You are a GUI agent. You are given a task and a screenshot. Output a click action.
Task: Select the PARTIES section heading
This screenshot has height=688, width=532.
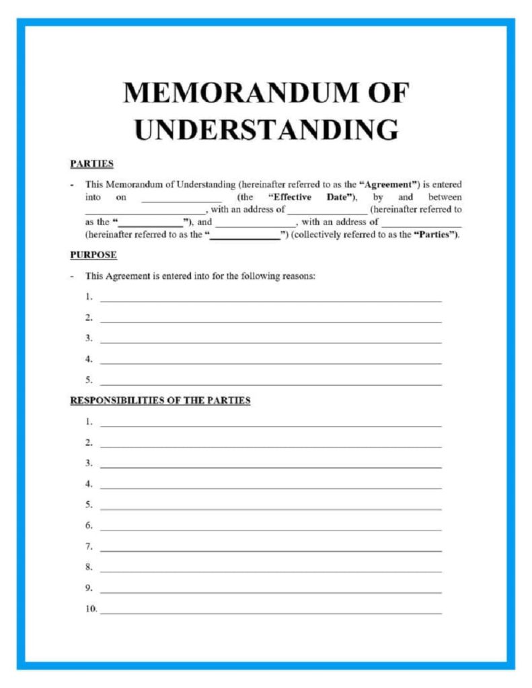click(91, 163)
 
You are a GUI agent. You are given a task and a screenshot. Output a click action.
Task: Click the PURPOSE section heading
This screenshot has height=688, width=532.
click(93, 255)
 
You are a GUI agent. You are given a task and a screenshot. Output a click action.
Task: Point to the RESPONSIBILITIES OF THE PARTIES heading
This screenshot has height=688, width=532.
click(160, 400)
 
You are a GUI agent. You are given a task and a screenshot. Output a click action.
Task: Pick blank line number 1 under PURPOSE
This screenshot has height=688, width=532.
click(270, 300)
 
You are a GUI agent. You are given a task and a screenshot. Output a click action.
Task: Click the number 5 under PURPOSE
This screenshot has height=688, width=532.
click(88, 380)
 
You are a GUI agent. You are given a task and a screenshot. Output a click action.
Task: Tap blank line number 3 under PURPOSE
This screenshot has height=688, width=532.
click(270, 341)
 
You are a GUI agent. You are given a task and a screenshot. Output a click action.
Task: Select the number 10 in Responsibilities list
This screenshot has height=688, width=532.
click(91, 609)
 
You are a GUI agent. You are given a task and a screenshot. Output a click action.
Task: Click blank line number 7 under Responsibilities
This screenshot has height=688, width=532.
click(270, 550)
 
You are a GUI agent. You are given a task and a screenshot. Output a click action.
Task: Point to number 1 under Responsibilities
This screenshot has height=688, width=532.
click(88, 422)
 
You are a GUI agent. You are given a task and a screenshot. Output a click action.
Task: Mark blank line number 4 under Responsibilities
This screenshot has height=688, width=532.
click(270, 487)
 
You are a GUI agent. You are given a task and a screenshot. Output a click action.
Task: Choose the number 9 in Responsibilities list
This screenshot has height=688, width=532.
click(88, 589)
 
